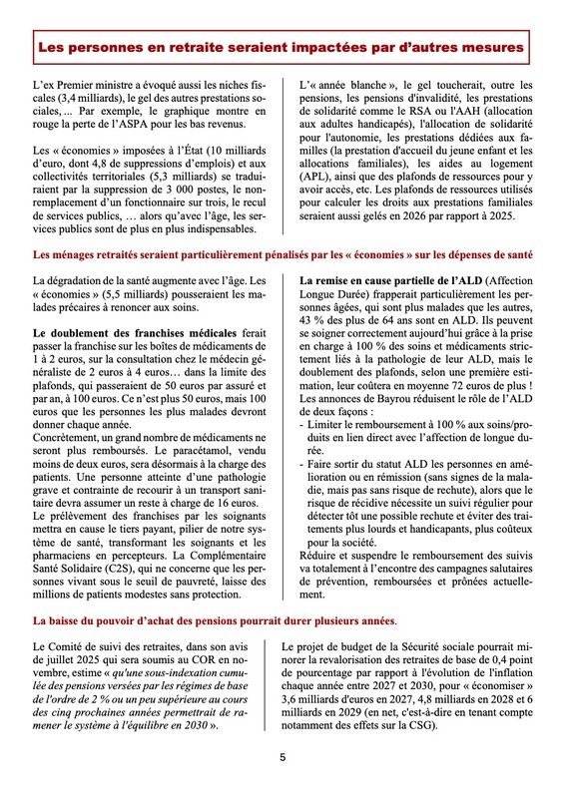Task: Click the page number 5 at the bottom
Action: pos(282,757)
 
